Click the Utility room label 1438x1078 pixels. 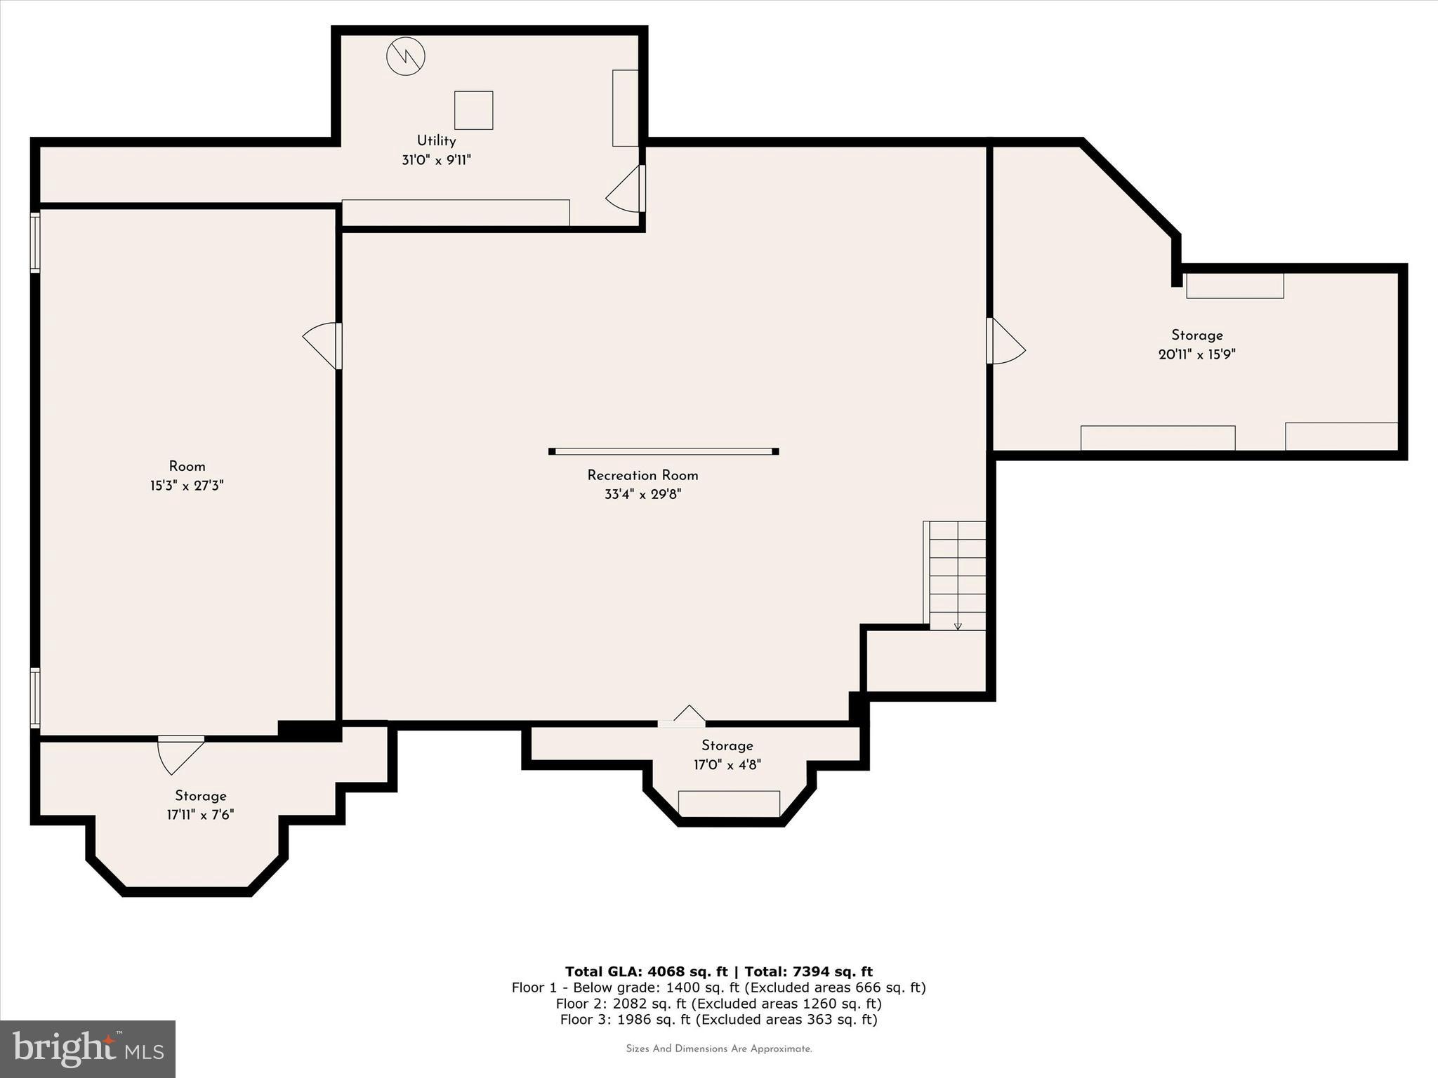click(436, 141)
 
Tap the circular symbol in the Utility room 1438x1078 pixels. click(406, 56)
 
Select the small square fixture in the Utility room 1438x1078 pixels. click(473, 110)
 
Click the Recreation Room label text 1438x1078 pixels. click(642, 475)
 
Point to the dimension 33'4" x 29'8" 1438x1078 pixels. click(642, 494)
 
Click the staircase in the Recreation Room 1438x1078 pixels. click(956, 575)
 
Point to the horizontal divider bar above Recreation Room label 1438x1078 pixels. click(664, 451)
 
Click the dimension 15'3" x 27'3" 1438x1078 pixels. click(187, 486)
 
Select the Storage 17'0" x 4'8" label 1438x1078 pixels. click(727, 745)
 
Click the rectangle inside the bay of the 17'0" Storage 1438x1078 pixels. click(729, 804)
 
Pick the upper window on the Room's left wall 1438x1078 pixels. click(35, 241)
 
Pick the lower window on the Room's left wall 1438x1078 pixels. click(35, 697)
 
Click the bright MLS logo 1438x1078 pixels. click(88, 1049)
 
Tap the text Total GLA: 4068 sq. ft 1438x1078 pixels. click(646, 971)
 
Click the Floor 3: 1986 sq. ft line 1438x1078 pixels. click(718, 1019)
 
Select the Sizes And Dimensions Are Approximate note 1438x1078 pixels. click(718, 1049)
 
